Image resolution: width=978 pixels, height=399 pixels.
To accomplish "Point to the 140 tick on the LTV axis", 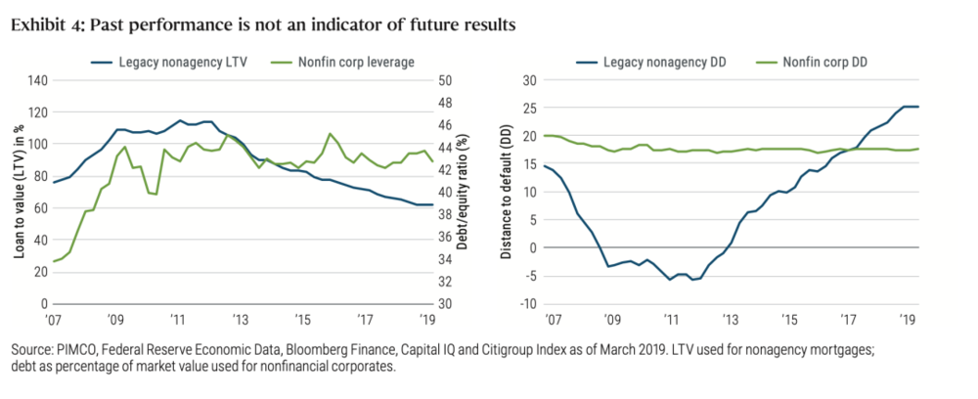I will pos(36,80).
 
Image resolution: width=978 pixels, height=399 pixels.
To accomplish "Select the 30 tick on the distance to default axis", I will pos(530,80).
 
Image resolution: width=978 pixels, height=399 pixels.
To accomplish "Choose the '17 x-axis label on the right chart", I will pos(848,319).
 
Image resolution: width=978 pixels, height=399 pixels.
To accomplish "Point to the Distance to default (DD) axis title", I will pos(507,192).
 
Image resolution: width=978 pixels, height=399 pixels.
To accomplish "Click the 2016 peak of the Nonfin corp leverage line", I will pos(330,133).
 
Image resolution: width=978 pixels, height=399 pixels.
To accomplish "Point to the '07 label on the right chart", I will pos(554,319).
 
